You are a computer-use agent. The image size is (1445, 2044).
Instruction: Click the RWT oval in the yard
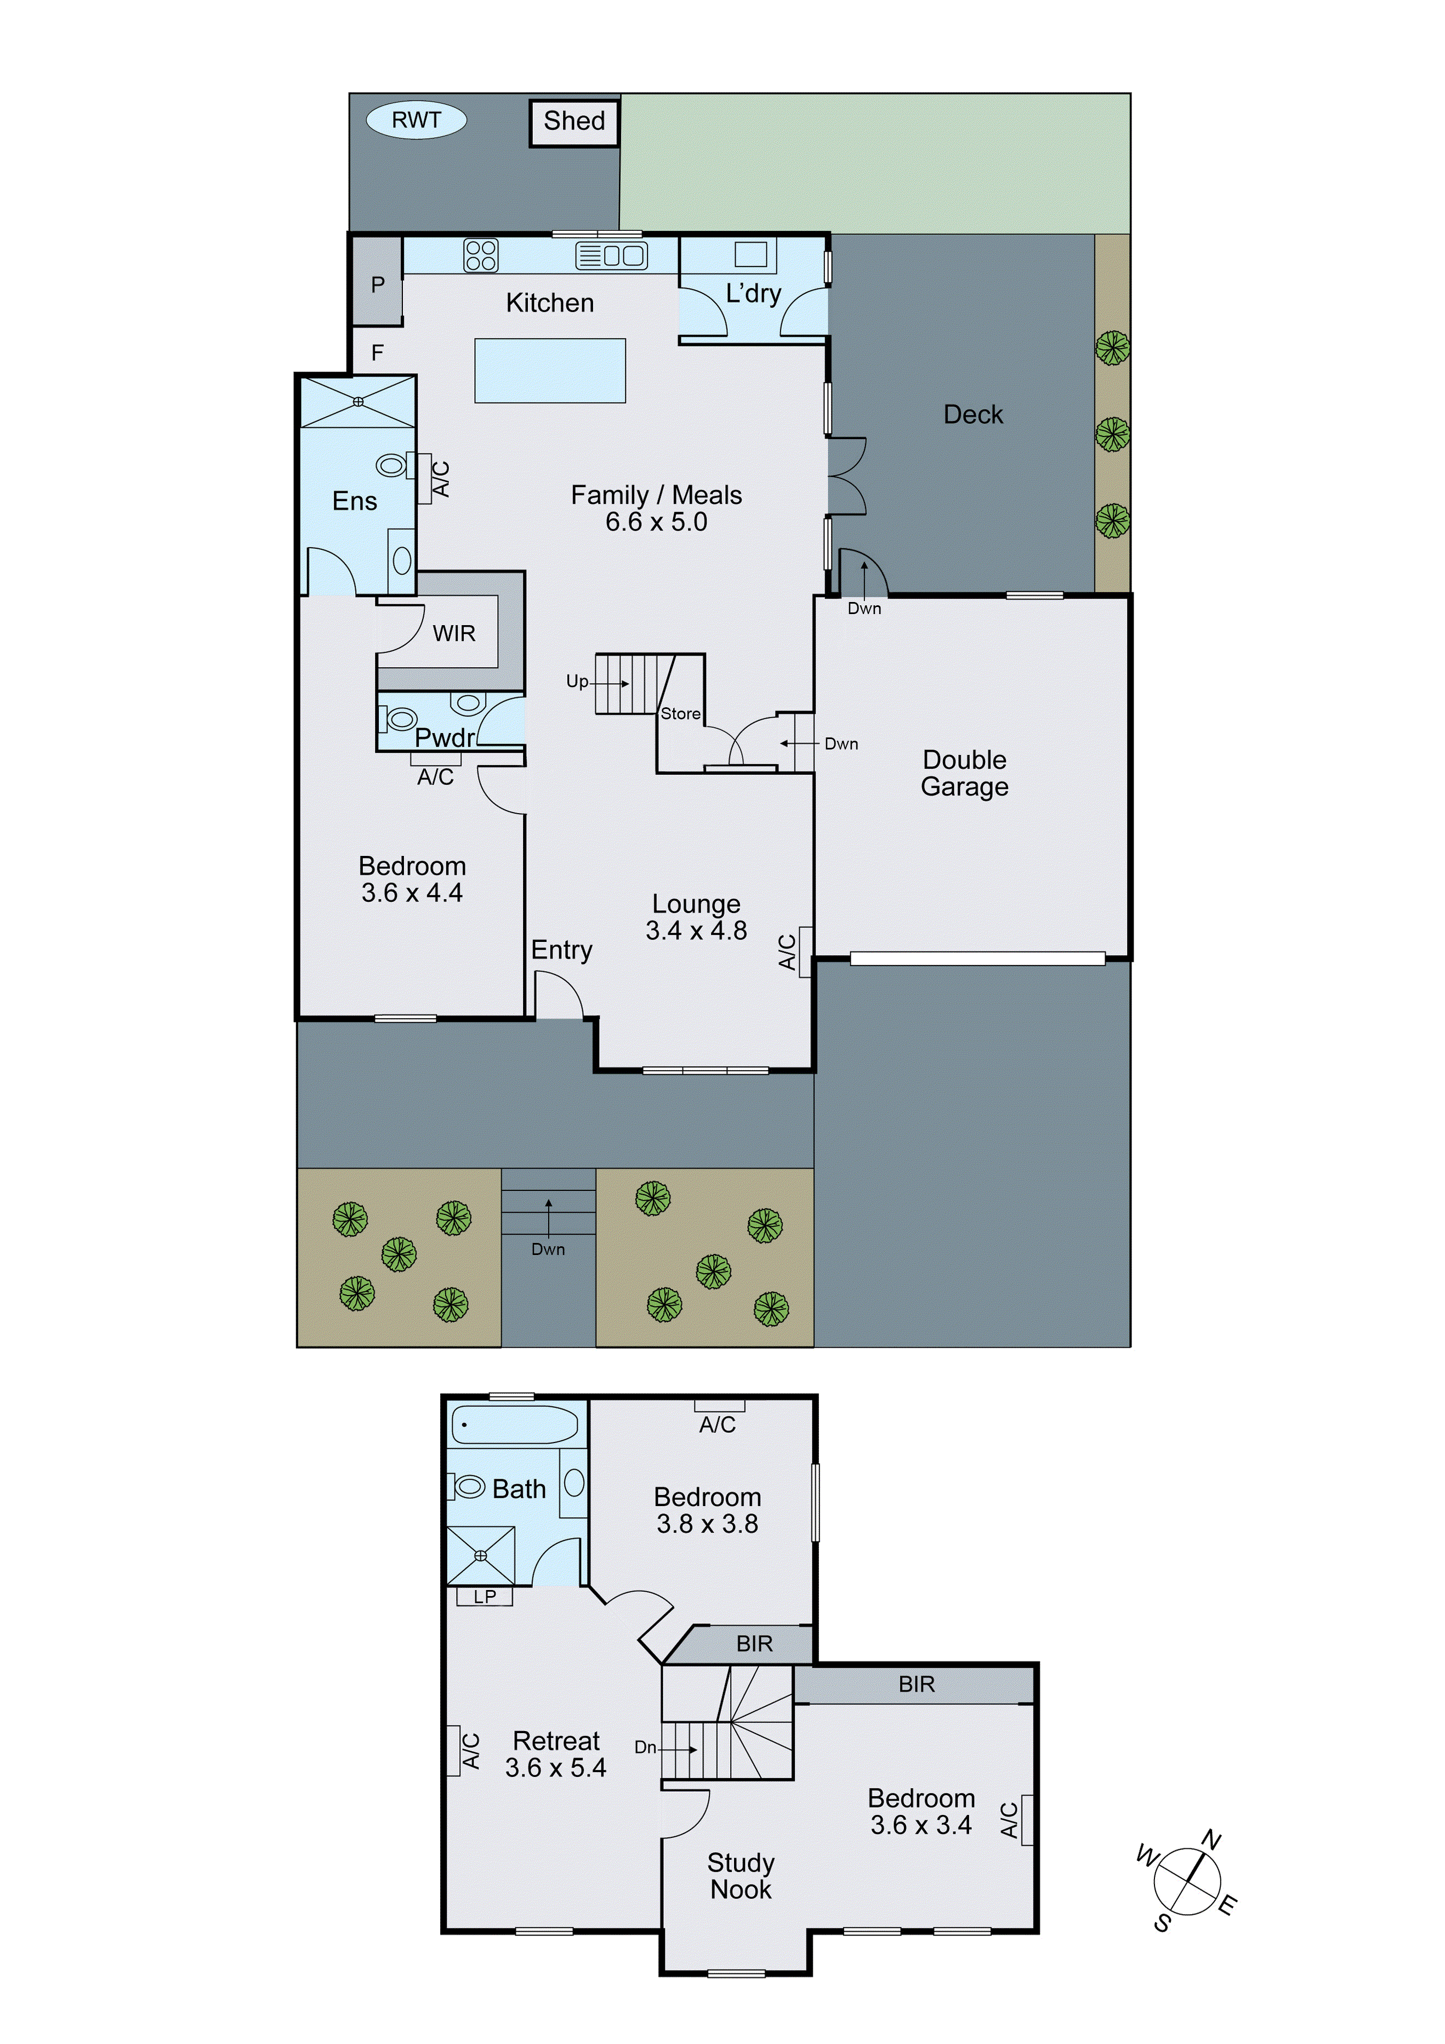[x=416, y=120]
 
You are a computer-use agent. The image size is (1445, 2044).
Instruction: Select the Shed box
[x=574, y=121]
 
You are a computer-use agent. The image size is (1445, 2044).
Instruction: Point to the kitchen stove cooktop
[x=481, y=256]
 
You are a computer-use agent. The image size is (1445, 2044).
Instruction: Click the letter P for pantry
[x=378, y=285]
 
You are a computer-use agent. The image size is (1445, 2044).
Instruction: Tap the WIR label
[x=454, y=634]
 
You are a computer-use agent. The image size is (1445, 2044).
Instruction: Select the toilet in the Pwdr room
[x=399, y=718]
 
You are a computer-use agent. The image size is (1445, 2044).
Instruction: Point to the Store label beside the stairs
[x=680, y=714]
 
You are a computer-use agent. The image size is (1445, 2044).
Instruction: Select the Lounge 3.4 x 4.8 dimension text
[x=696, y=931]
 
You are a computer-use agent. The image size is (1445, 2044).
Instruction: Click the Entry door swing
[x=558, y=995]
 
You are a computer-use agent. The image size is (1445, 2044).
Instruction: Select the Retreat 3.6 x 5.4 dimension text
[x=555, y=1768]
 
